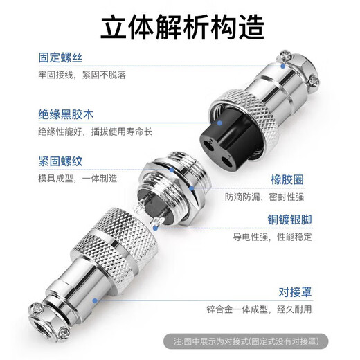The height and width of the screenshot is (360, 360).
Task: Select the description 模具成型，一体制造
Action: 78,179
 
